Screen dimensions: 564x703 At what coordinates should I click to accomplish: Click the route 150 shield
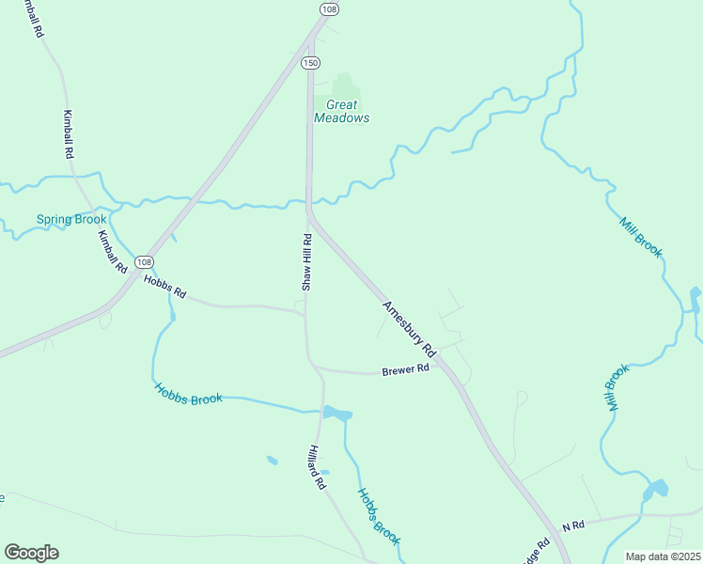pyautogui.click(x=310, y=62)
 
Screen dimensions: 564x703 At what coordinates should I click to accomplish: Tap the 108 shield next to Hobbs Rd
pyautogui.click(x=142, y=261)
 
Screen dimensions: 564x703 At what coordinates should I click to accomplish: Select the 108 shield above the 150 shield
pyautogui.click(x=328, y=8)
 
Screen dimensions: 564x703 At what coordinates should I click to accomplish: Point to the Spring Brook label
pyautogui.click(x=71, y=219)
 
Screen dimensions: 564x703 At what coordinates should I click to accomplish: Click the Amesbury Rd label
pyautogui.click(x=411, y=328)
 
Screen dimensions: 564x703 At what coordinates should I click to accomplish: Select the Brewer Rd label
pyautogui.click(x=405, y=369)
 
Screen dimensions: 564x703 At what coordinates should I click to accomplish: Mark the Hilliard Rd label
pyautogui.click(x=317, y=467)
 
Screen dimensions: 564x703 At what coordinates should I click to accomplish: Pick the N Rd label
pyautogui.click(x=573, y=525)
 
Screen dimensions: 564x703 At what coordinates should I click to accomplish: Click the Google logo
pyautogui.click(x=31, y=553)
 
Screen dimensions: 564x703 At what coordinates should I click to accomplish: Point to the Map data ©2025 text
pyautogui.click(x=663, y=556)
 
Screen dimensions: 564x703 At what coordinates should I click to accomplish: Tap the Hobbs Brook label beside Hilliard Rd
pyautogui.click(x=379, y=516)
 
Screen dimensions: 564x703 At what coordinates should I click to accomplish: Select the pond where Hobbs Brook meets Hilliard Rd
pyautogui.click(x=336, y=413)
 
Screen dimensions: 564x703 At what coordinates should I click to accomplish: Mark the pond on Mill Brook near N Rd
pyautogui.click(x=655, y=489)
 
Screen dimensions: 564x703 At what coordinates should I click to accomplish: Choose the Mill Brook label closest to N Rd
pyautogui.click(x=616, y=387)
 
